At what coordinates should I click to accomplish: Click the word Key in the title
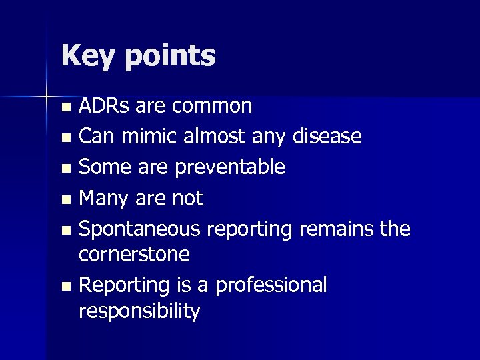(x=87, y=56)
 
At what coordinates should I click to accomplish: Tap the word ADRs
(x=105, y=105)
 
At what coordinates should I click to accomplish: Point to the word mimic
(x=151, y=137)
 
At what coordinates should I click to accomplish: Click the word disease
(x=327, y=137)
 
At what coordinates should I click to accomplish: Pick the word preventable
(x=230, y=167)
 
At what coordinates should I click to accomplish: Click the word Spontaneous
(x=139, y=229)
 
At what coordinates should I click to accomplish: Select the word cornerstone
(x=134, y=254)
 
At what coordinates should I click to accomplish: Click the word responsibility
(x=139, y=311)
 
